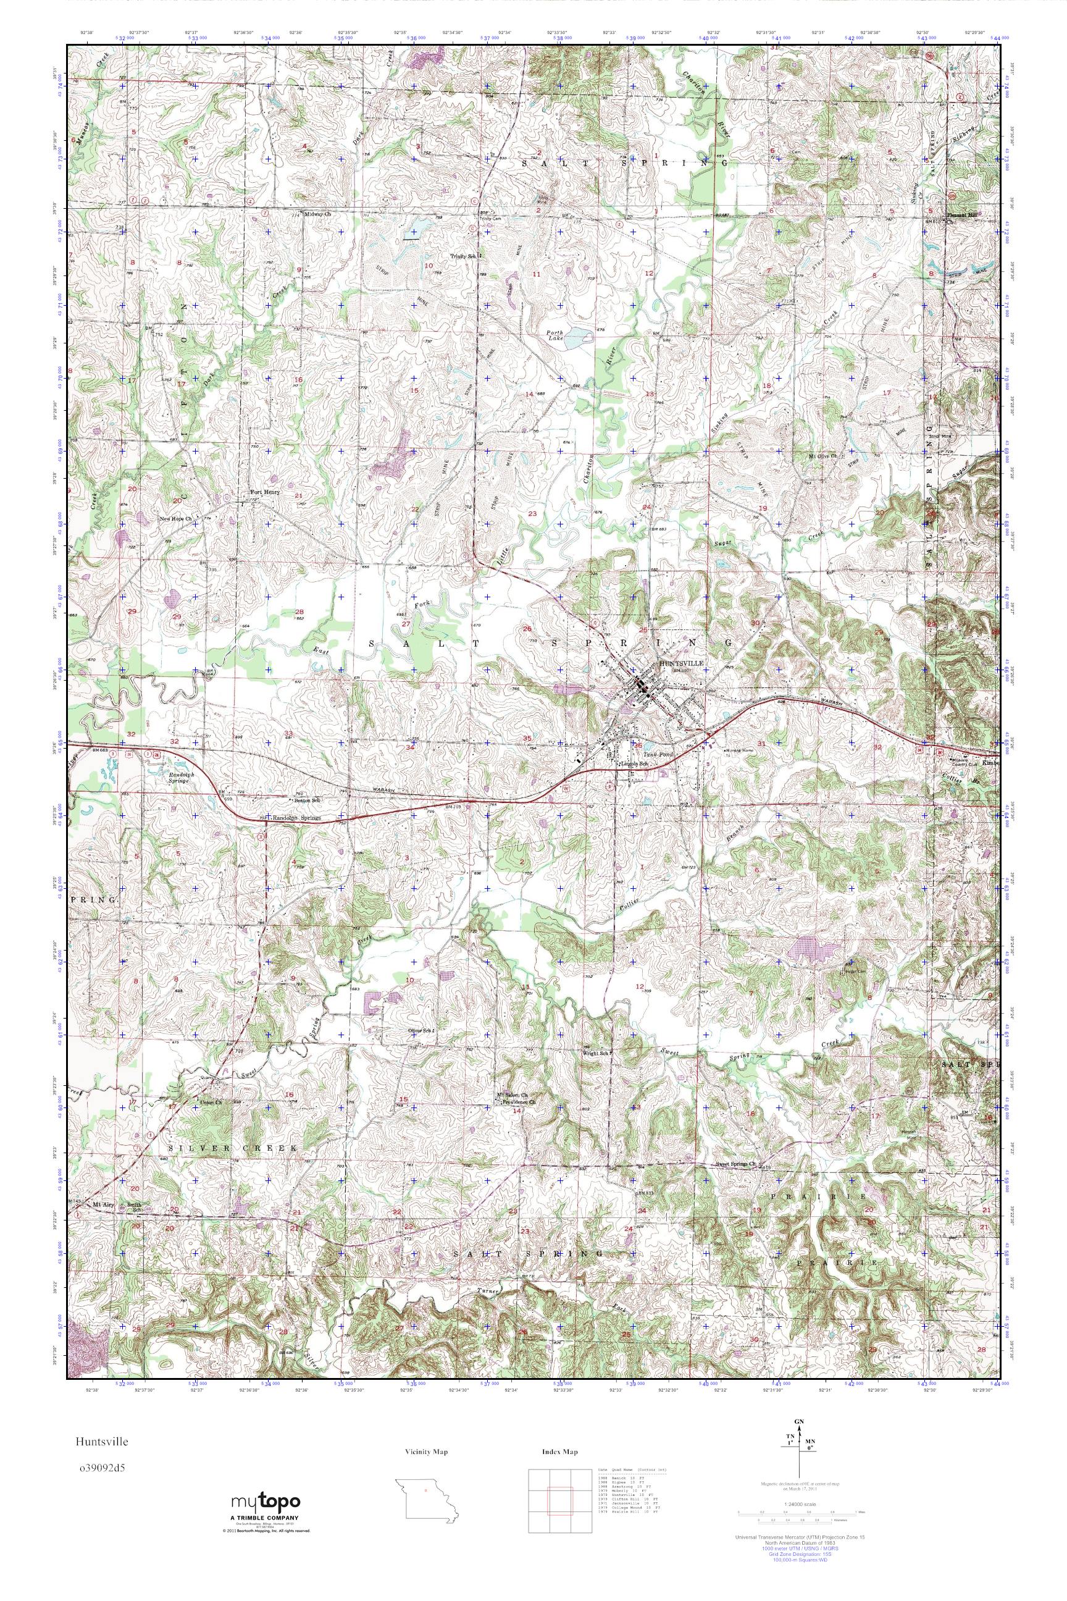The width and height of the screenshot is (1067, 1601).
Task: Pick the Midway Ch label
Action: pyautogui.click(x=317, y=214)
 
